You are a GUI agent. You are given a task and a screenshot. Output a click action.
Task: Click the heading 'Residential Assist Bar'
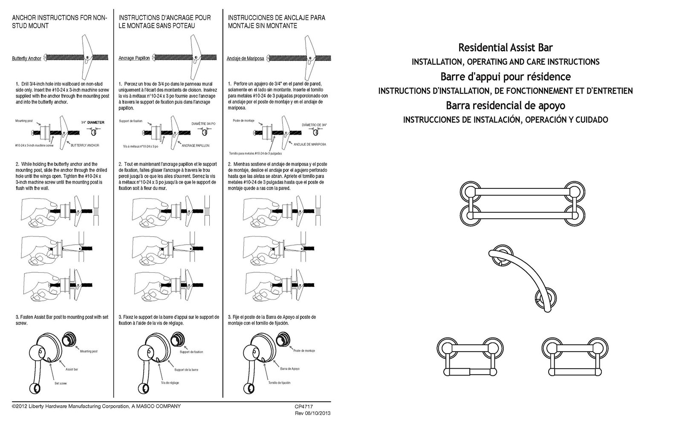[x=505, y=47]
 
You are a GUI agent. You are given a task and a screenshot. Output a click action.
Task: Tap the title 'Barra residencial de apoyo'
[x=505, y=105]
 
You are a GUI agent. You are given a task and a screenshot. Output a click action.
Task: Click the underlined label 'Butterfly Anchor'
[x=26, y=58]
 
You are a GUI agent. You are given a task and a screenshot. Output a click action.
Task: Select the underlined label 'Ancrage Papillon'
[x=134, y=58]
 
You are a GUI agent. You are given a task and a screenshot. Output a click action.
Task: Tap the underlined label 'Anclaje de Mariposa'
[x=245, y=58]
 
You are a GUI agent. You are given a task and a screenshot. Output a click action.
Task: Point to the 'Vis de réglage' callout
[x=170, y=383]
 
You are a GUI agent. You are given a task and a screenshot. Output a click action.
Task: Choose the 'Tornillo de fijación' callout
[x=279, y=383]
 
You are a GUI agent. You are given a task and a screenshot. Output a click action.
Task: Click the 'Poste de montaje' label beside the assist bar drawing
[x=304, y=351]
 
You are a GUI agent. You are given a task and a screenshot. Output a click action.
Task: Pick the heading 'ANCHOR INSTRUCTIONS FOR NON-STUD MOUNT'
[x=59, y=22]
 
